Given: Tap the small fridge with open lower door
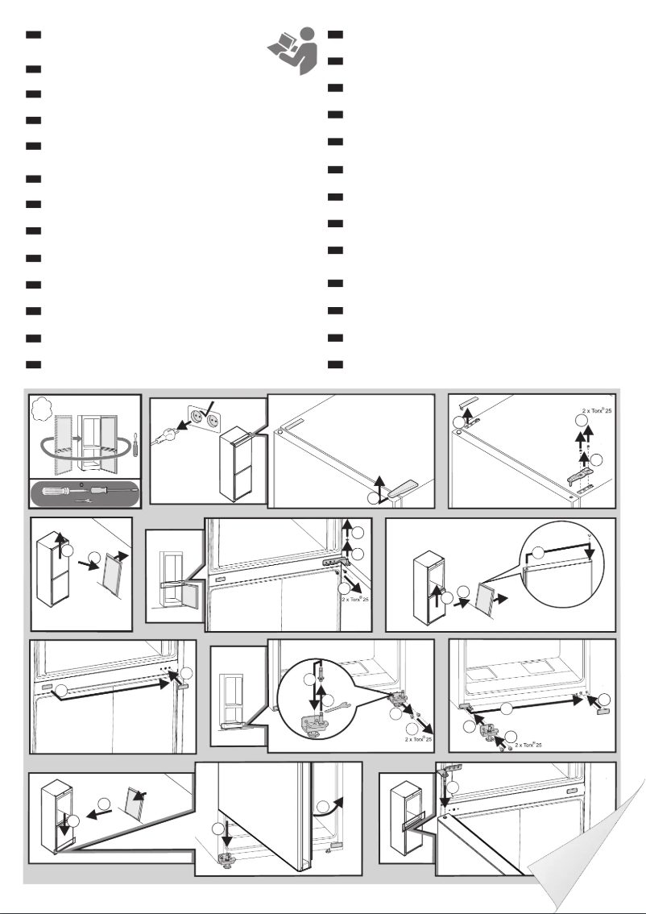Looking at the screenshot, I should tap(172, 567).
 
